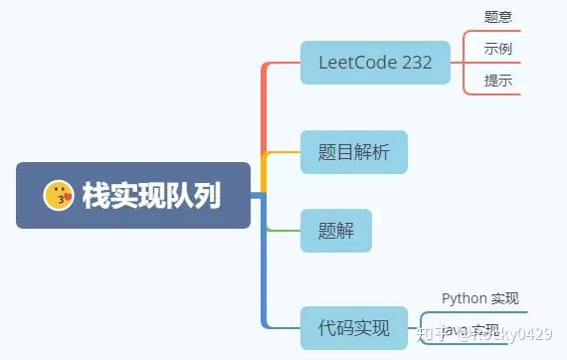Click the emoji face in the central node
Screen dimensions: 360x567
[60, 196]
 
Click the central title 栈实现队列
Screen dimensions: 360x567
[151, 196]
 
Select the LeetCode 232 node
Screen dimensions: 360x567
[375, 63]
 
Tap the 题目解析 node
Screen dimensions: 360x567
[354, 152]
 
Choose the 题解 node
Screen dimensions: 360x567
[335, 231]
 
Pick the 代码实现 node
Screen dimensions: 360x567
[354, 327]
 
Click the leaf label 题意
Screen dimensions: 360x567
[498, 17]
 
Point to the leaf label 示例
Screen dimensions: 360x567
[498, 49]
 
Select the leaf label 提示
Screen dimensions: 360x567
[498, 81]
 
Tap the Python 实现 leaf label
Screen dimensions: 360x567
[479, 297]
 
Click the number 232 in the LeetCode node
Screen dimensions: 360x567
[417, 63]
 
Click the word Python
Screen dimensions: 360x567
[464, 297]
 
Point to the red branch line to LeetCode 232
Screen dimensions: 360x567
[265, 109]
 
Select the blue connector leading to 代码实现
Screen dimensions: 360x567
[265, 288]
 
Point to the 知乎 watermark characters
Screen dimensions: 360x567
[436, 333]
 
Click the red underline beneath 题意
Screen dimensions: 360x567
[498, 31]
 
